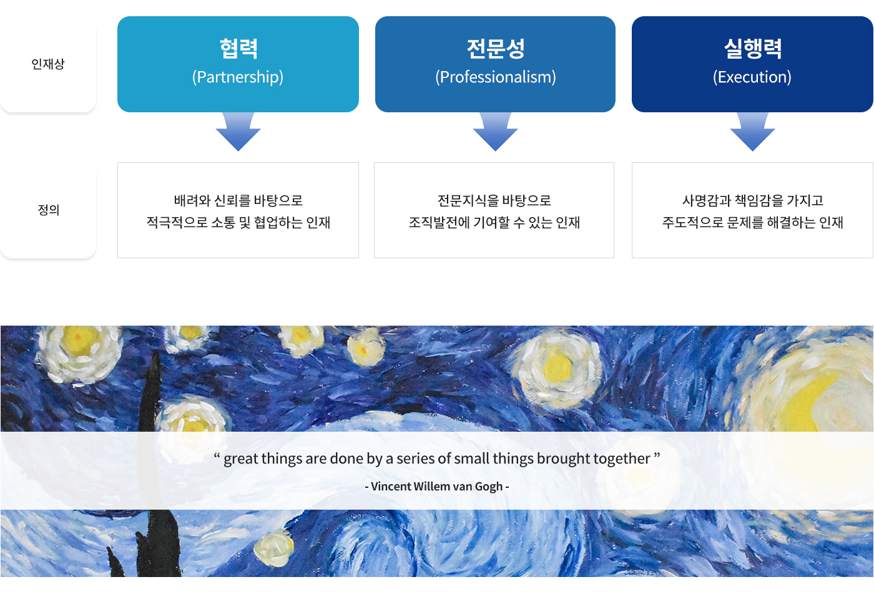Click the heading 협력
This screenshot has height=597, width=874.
click(x=238, y=49)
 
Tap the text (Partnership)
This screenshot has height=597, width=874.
click(x=238, y=77)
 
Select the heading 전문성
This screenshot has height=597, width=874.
click(x=496, y=49)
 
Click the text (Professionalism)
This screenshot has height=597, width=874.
click(x=496, y=77)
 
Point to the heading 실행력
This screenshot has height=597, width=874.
click(x=753, y=49)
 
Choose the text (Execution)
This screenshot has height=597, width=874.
click(x=752, y=77)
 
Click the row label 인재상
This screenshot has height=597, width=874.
click(x=48, y=64)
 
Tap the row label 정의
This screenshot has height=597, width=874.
click(x=49, y=210)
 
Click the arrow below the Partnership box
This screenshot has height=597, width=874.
click(x=238, y=132)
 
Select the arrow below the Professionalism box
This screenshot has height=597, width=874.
click(x=496, y=132)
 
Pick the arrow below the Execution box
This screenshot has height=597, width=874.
click(x=753, y=132)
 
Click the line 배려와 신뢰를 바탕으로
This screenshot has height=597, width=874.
click(x=238, y=200)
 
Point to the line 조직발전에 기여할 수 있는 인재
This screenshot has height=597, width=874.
click(x=494, y=222)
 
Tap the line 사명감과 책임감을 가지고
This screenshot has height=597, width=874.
click(x=753, y=200)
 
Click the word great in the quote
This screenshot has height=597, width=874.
click(x=241, y=459)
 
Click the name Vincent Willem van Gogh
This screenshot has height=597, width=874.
click(x=436, y=486)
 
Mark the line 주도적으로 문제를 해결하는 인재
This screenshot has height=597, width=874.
click(x=753, y=222)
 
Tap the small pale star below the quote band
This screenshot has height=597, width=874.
click(x=274, y=549)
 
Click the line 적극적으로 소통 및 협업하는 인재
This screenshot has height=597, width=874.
click(x=238, y=222)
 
